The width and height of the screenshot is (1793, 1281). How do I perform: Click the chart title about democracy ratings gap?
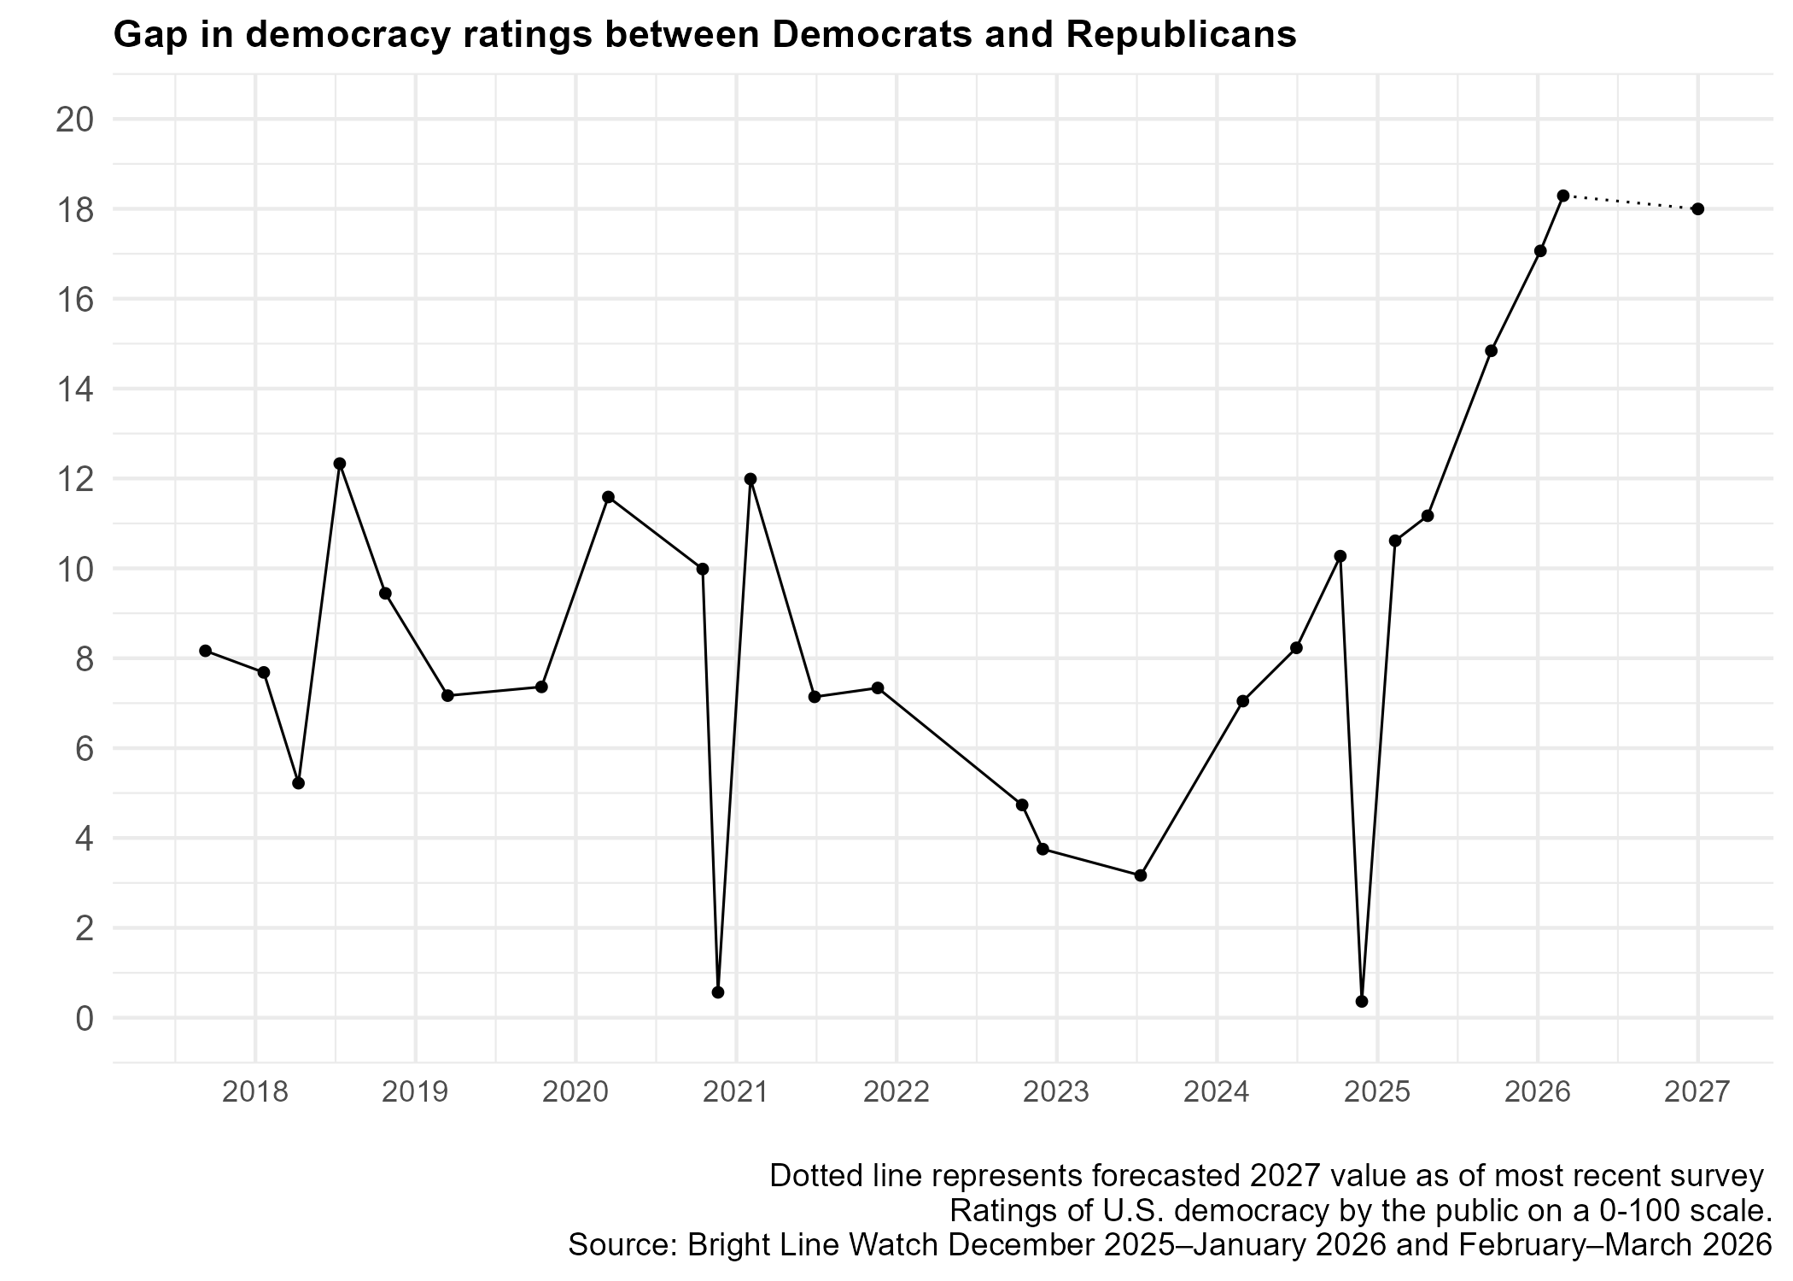(704, 35)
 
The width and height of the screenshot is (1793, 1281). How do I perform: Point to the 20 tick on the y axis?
(74, 120)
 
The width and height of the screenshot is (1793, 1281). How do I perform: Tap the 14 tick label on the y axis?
(74, 389)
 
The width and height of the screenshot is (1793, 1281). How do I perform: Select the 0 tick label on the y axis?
(84, 1018)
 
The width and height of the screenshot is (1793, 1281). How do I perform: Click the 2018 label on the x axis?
(254, 1092)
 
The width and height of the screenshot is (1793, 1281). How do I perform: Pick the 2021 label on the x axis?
(736, 1092)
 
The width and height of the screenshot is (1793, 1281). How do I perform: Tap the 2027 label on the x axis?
(1697, 1092)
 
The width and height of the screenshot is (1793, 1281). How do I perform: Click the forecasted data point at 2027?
(1697, 209)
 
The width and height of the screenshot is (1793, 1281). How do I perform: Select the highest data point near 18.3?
(1562, 196)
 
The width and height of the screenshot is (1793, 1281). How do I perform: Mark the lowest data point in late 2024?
(1362, 1002)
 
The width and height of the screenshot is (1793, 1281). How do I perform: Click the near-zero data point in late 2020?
(718, 992)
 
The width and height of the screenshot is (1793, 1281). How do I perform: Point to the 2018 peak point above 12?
(339, 464)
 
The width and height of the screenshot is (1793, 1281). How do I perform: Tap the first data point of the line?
(205, 651)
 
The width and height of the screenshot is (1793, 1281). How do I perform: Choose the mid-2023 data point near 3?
(1140, 875)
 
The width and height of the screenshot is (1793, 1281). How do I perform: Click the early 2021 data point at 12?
(750, 479)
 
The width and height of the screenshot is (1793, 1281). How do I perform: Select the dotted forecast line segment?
(1630, 202)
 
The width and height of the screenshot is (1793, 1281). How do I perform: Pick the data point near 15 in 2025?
(1491, 351)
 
